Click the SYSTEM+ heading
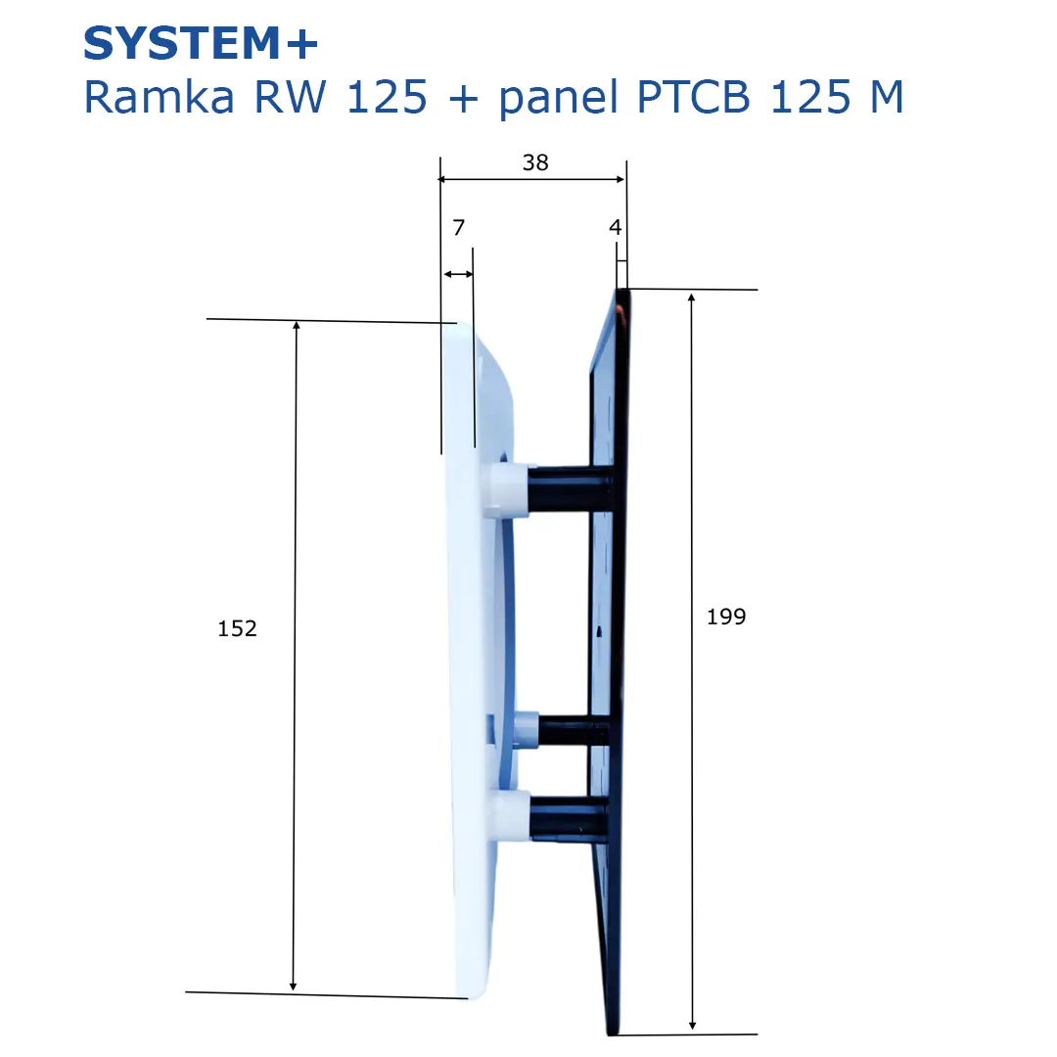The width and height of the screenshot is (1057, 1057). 201,44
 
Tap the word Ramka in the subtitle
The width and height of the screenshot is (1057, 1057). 160,97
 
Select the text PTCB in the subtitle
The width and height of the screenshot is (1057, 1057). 693,97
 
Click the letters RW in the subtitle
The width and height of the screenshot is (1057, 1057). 290,97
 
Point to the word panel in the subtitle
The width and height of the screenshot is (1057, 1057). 559,99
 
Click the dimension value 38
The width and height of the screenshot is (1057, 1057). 535,162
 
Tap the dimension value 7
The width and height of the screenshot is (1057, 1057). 459,228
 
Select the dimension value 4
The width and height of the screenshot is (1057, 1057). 615,227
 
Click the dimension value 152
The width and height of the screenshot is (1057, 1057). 237,628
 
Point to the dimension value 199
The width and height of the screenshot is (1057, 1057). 726,617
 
